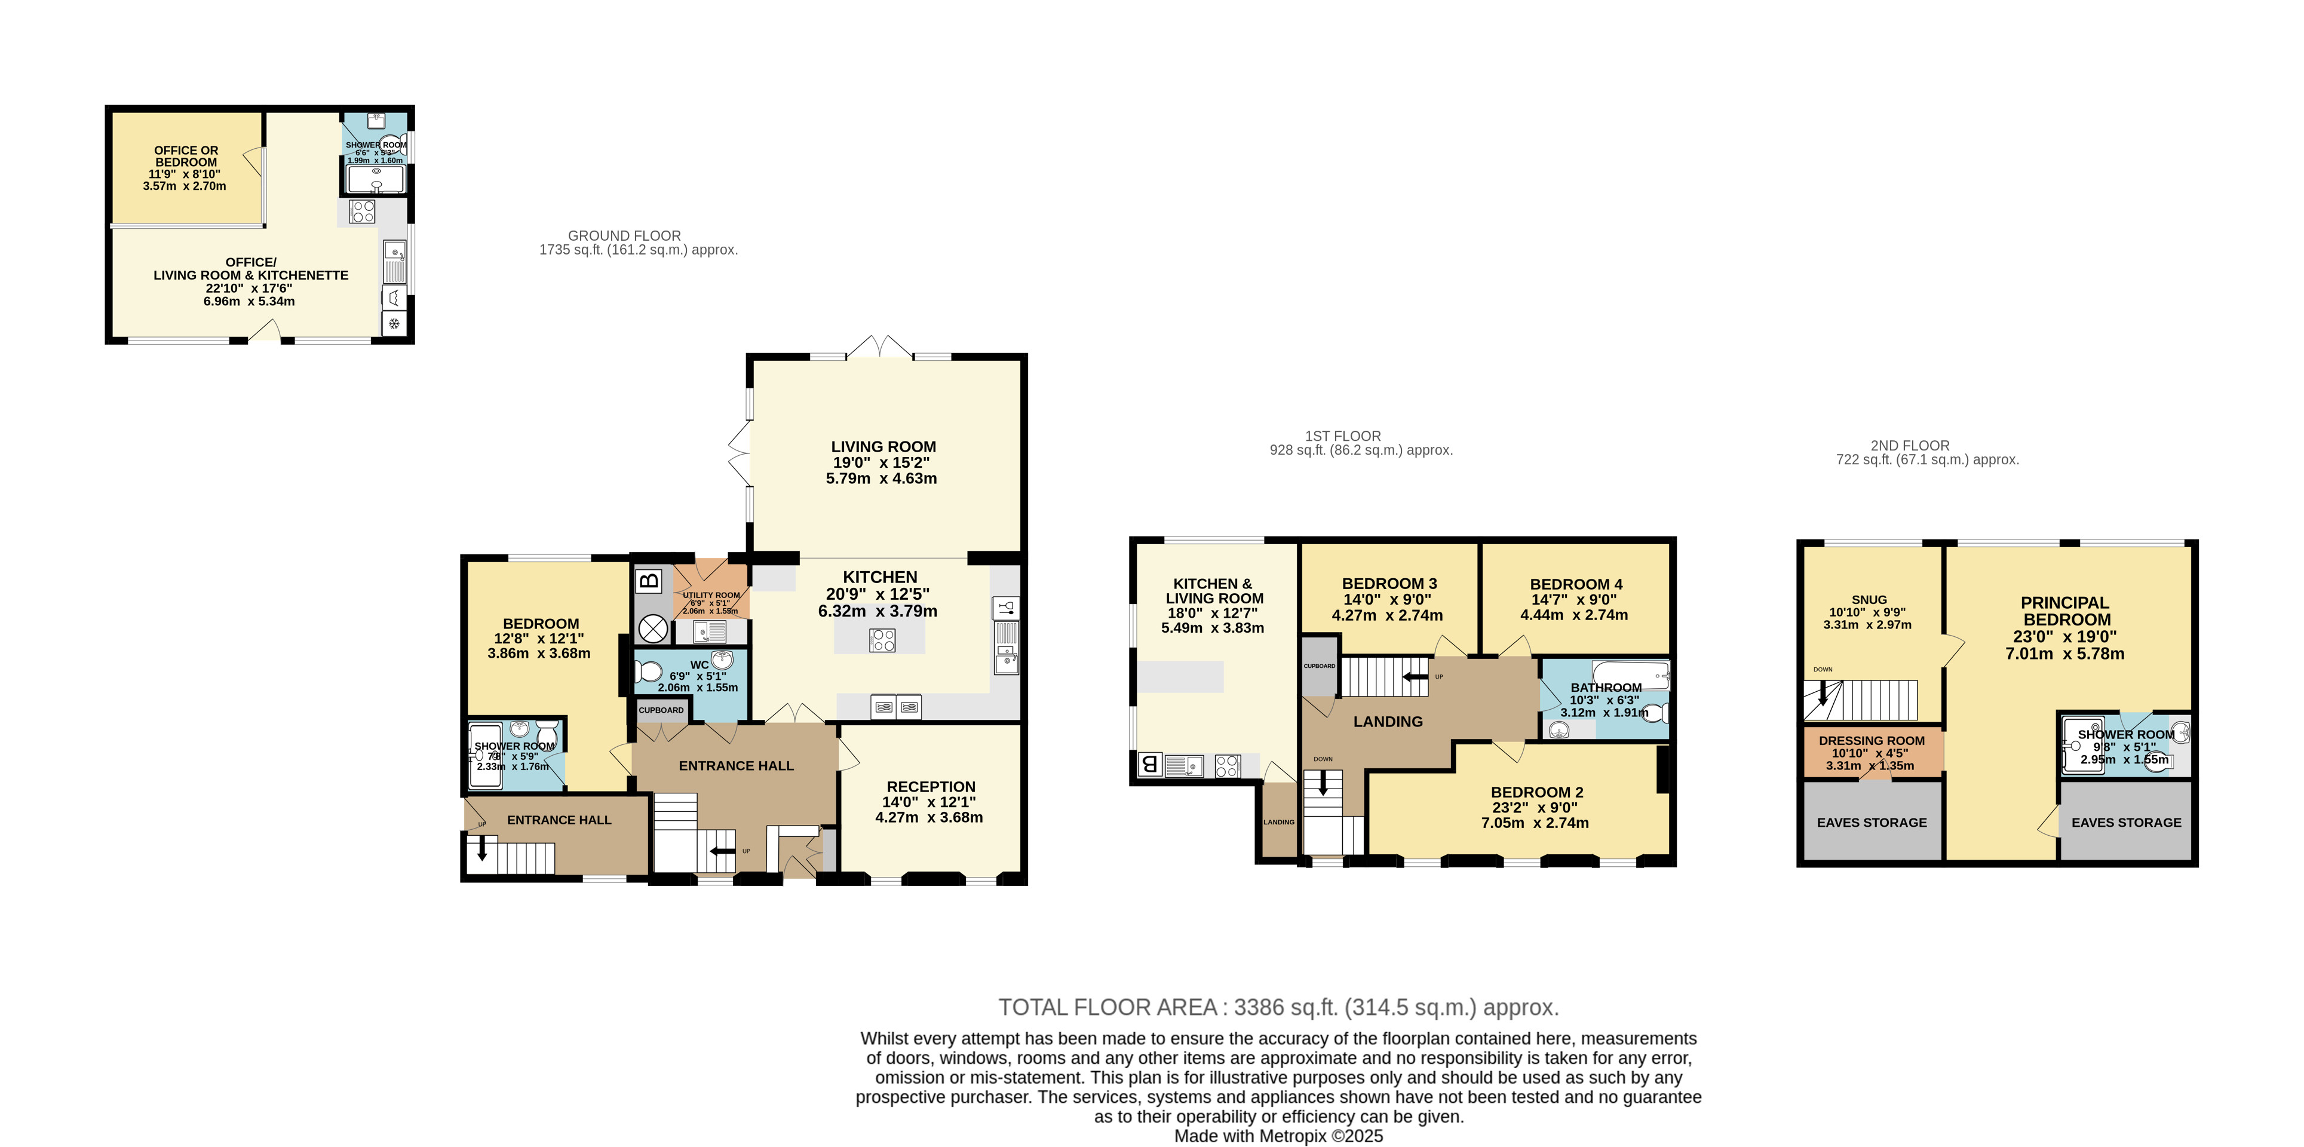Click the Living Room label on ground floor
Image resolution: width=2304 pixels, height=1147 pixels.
point(883,446)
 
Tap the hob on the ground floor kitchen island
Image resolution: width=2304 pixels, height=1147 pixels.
point(883,640)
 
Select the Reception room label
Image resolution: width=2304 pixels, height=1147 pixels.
point(930,786)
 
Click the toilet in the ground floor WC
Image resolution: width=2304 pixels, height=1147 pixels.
point(649,671)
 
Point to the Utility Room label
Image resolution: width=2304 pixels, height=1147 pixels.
point(711,595)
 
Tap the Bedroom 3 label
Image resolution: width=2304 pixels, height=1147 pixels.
point(1388,583)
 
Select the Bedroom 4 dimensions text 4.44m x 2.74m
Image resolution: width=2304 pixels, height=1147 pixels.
point(1573,615)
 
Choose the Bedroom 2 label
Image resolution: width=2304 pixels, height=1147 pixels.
point(1536,792)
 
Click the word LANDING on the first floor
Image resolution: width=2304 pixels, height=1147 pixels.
point(1387,721)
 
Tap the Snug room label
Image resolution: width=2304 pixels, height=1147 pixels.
point(1869,599)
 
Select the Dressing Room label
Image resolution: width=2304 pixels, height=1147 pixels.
point(1871,741)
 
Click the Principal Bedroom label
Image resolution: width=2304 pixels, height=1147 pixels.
point(2065,611)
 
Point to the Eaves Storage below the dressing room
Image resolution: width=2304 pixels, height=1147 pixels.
point(1871,822)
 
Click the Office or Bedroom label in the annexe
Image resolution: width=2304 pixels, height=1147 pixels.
point(186,156)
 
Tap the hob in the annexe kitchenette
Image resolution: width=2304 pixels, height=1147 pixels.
point(362,211)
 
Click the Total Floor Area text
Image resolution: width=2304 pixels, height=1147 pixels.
point(1278,1007)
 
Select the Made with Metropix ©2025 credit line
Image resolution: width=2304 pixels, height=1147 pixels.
point(1278,1136)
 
